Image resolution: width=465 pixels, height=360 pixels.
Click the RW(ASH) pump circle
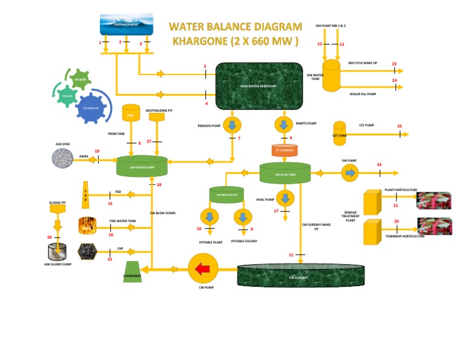(232, 125)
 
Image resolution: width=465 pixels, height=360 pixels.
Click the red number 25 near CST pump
(399, 126)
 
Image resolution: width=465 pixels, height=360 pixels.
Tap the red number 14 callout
(379, 165)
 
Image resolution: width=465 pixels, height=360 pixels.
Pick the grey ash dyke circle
(62, 159)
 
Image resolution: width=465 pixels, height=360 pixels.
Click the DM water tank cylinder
(331, 76)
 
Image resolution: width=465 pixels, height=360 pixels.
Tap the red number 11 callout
(291, 255)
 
